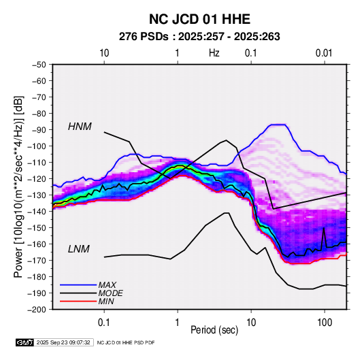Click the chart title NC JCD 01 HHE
199,19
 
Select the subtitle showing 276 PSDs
199,37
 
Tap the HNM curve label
80,127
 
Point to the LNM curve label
79,249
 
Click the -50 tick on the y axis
39,65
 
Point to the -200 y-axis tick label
37,310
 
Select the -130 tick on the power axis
37,195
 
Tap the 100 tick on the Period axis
325,323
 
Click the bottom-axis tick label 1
177,323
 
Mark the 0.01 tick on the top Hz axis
324,53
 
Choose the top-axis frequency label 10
104,53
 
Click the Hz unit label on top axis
214,53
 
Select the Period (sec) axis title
214,330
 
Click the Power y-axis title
18,186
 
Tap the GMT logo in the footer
25,342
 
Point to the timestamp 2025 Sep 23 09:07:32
63,342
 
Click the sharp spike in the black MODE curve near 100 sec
324,228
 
